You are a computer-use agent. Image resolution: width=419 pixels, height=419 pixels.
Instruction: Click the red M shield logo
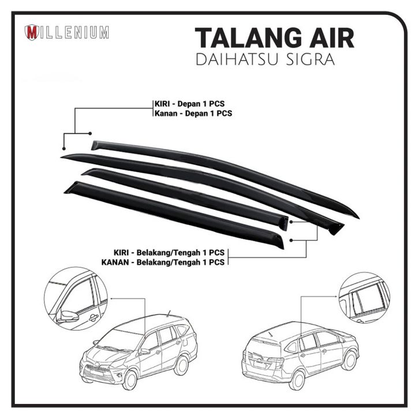[32, 32]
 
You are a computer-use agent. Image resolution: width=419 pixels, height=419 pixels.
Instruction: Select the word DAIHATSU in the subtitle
[237, 60]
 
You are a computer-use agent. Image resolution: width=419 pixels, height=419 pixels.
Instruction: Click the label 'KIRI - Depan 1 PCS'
[193, 103]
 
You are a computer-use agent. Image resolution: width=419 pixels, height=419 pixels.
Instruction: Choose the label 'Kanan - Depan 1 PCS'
[193, 113]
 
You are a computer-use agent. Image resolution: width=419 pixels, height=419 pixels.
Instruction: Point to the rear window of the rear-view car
[267, 345]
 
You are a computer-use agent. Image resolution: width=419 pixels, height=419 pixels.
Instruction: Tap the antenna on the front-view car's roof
[169, 314]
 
